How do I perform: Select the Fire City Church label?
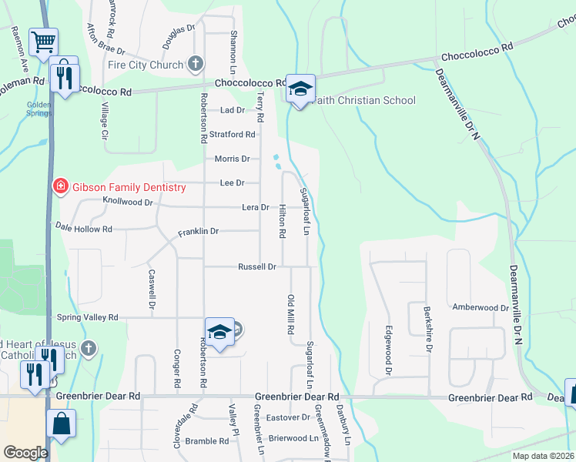[x=146, y=65]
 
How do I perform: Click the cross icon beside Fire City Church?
[x=196, y=64]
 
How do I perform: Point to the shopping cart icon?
[x=43, y=42]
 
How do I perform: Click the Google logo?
[x=25, y=452]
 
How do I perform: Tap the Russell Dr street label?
[x=257, y=267]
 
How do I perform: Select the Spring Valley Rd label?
[x=87, y=317]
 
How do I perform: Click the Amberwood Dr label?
[x=481, y=307]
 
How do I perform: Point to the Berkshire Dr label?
[x=427, y=329]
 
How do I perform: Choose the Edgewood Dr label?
[x=389, y=350]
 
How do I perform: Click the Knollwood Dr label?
[x=128, y=202]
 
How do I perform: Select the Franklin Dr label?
[x=199, y=231]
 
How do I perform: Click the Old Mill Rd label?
[x=291, y=313]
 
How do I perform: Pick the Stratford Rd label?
[x=232, y=134]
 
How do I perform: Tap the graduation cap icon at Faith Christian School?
[x=300, y=89]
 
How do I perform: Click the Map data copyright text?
[x=543, y=456]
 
